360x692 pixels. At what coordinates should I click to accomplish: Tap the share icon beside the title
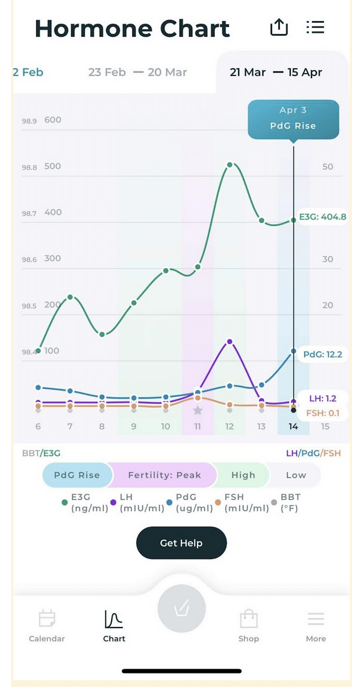click(x=279, y=27)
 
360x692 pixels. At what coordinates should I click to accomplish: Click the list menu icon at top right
click(x=315, y=27)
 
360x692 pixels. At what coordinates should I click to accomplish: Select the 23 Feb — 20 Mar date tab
click(x=137, y=72)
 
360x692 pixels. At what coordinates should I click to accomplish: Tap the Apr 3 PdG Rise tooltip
click(x=293, y=119)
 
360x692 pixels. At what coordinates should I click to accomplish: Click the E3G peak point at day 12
click(x=230, y=165)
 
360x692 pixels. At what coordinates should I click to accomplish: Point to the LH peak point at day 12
click(x=230, y=341)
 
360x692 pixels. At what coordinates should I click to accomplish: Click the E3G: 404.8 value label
click(x=322, y=217)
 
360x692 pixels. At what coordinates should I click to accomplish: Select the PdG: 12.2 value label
click(x=322, y=354)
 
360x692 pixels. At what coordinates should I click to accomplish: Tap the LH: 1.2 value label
click(x=323, y=398)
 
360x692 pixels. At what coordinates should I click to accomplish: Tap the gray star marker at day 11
click(x=198, y=410)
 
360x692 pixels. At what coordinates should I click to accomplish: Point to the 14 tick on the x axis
click(x=293, y=426)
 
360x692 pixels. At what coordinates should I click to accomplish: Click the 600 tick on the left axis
click(x=53, y=120)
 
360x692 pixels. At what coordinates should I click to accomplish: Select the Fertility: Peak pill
click(x=164, y=475)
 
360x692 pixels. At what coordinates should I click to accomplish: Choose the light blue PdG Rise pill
click(x=77, y=475)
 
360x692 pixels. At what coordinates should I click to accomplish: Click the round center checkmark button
click(x=182, y=609)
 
